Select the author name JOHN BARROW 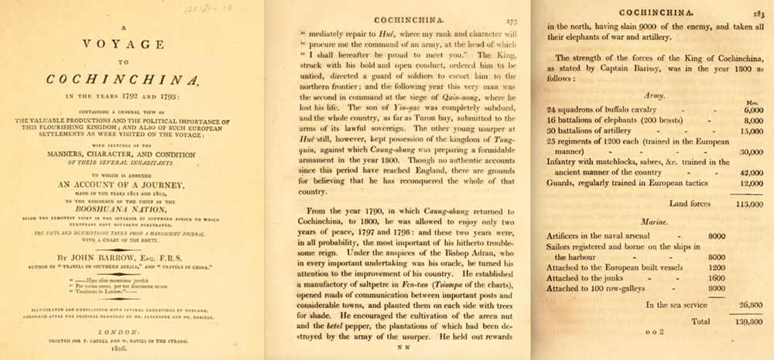[x=115, y=252]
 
